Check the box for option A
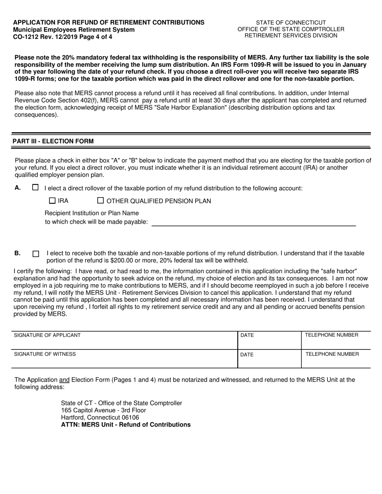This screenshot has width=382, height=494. tap(35, 188)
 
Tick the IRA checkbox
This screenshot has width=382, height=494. tap(52, 201)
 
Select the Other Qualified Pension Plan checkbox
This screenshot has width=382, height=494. tap(101, 201)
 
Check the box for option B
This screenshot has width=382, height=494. tap(36, 254)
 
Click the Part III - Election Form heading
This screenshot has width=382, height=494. tap(53, 141)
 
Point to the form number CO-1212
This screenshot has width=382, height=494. tap(26, 37)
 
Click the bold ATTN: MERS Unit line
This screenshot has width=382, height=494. tap(125, 425)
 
